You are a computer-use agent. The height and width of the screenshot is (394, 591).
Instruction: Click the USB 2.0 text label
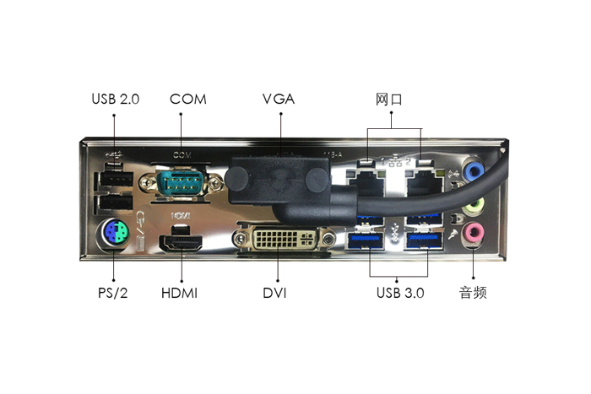click(116, 99)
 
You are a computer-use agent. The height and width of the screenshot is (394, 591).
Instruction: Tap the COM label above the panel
click(188, 99)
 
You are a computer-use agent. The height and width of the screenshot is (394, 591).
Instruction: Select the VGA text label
click(279, 99)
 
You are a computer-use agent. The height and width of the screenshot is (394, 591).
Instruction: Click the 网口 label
click(388, 100)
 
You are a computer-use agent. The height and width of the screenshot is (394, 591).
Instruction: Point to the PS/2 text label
click(112, 293)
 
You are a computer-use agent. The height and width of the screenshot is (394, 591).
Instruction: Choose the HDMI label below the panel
click(179, 293)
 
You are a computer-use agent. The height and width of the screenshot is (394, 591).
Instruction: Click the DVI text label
click(274, 293)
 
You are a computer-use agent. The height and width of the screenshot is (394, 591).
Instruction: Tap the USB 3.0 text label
click(400, 293)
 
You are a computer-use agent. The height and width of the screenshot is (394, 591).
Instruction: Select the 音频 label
click(473, 293)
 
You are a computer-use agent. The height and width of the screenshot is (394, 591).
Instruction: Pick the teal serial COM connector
click(180, 182)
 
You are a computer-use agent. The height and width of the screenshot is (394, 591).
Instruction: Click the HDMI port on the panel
click(181, 243)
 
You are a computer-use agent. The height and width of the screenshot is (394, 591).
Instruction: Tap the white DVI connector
click(285, 239)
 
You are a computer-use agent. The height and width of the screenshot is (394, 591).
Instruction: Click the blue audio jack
click(474, 170)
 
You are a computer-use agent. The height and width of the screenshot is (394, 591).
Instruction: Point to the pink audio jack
click(474, 233)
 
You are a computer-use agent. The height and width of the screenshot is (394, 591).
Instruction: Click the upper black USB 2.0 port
click(116, 179)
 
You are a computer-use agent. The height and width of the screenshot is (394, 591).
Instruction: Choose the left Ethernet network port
click(366, 183)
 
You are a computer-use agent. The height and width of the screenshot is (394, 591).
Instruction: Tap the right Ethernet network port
click(425, 183)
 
